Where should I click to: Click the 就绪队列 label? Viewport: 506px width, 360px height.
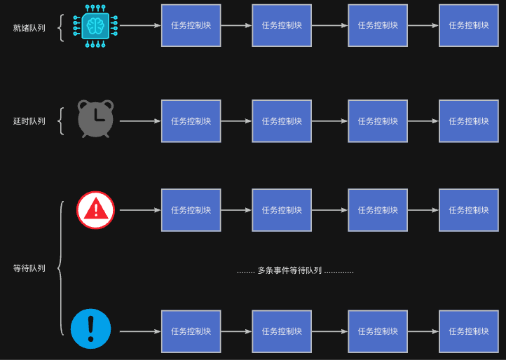[x=29, y=28]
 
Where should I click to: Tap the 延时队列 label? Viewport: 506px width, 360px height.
[x=29, y=121]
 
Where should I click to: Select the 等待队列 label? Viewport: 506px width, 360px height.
[x=29, y=268]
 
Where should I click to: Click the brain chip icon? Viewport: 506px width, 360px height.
[x=95, y=26]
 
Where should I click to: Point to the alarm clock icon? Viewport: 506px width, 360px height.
[x=95, y=119]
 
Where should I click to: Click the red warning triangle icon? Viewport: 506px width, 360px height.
[x=95, y=210]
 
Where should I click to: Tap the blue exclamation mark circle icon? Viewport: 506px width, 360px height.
[x=91, y=328]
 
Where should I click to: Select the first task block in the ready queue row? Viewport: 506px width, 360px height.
[x=191, y=25]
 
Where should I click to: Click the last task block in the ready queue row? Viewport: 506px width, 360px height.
[x=469, y=25]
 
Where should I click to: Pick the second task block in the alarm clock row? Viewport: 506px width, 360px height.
[x=282, y=121]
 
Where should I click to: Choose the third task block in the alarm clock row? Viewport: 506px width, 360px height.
[x=378, y=121]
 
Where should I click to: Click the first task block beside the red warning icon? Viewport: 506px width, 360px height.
[x=191, y=210]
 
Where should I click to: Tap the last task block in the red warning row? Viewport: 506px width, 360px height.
[x=469, y=210]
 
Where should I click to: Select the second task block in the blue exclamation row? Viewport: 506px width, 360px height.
[x=282, y=331]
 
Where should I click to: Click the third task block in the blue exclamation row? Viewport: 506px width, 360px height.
[x=378, y=331]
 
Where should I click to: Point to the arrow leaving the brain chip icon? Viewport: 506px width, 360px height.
[x=140, y=25]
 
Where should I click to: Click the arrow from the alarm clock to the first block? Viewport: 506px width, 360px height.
[x=140, y=121]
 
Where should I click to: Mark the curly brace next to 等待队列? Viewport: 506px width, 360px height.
[x=61, y=268]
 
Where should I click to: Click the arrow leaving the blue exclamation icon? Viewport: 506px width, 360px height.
[x=140, y=331]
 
